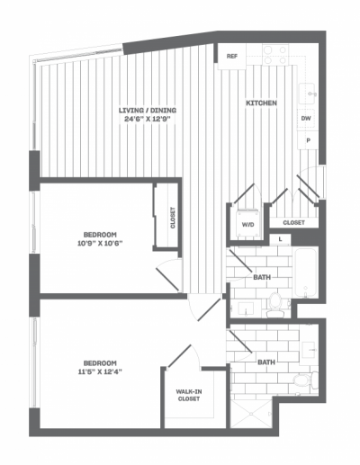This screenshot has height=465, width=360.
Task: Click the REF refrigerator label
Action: [231, 57]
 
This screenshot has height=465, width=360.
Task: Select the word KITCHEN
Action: [261, 103]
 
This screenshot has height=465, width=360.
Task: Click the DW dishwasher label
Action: [306, 118]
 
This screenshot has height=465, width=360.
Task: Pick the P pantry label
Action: [308, 140]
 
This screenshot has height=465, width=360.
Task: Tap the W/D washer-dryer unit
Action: [246, 225]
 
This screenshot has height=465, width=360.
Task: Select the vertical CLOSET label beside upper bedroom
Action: [173, 218]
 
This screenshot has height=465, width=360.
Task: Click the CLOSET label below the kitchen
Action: [294, 222]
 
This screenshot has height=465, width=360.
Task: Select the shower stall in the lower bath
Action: [248, 411]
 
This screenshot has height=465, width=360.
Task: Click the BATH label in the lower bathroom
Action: [266, 362]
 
